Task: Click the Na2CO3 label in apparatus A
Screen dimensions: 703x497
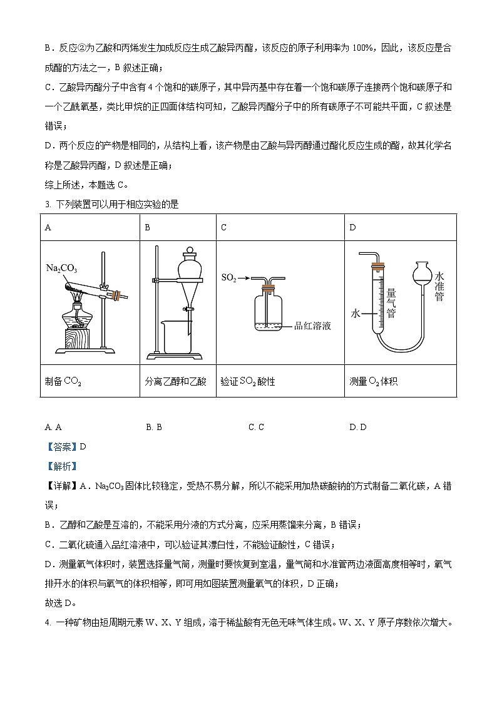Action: (x=61, y=269)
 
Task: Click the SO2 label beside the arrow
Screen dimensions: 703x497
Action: (x=229, y=276)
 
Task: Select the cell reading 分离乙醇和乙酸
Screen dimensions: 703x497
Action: (x=166, y=381)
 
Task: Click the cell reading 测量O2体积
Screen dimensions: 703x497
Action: (x=374, y=381)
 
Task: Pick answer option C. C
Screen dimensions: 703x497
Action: (x=256, y=427)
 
